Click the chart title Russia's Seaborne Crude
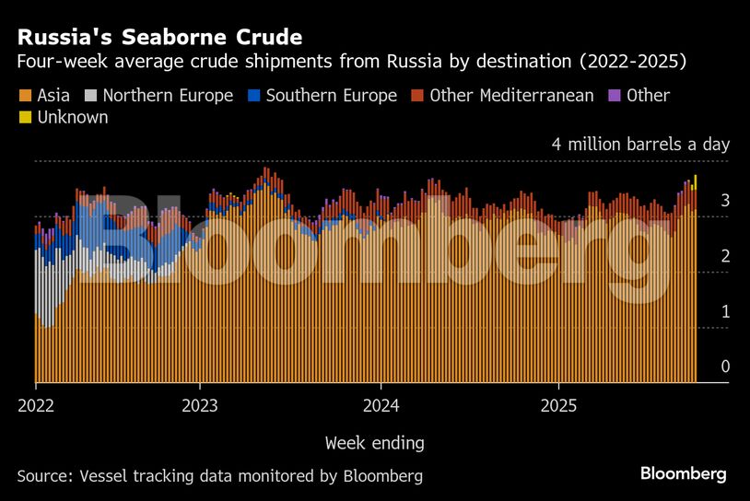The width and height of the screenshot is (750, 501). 159,38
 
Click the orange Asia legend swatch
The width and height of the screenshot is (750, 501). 23,96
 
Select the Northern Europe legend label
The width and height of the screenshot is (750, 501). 168,96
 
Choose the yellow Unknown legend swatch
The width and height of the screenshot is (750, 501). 23,118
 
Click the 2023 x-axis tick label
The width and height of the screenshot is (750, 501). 200,405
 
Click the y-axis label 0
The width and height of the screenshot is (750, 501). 725,367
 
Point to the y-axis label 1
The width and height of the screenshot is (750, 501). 725,312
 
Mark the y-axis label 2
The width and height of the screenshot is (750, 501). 725,256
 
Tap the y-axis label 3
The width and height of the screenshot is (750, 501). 725,201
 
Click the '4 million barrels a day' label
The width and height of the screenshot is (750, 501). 640,145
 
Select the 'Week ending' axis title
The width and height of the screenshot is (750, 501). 374,443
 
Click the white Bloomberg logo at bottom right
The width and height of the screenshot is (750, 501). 683,474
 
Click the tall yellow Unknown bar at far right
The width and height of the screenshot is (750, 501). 695,181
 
